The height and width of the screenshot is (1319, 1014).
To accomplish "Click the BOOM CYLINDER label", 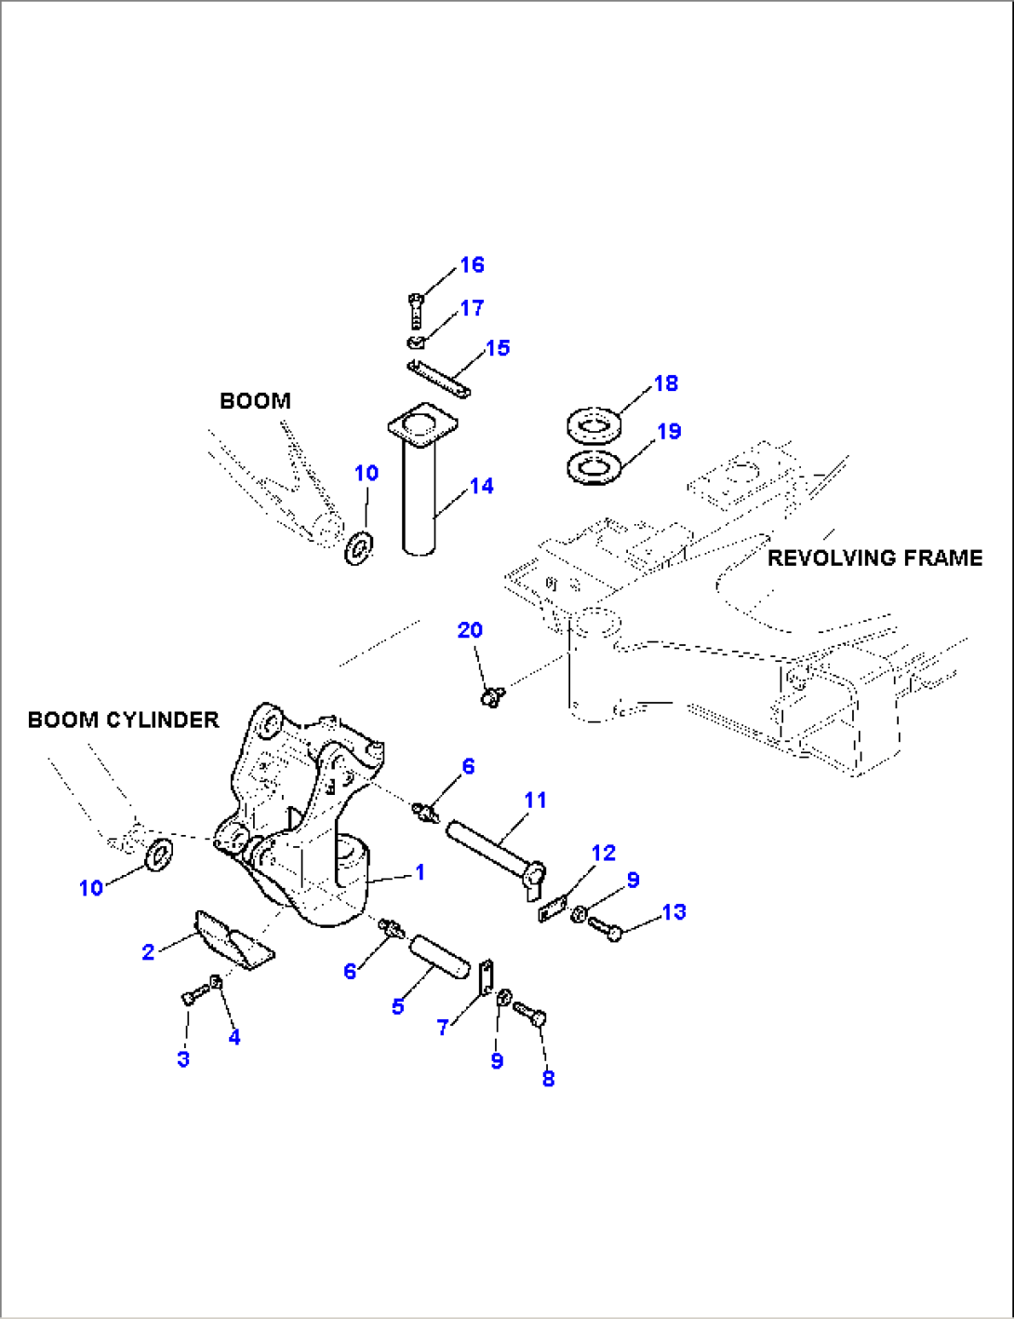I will tap(123, 720).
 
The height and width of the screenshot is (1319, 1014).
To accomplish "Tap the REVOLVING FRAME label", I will tap(874, 558).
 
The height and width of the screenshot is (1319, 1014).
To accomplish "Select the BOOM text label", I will tap(255, 401).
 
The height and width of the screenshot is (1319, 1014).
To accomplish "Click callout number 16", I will tap(473, 265).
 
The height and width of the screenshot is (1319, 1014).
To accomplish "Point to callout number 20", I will tap(470, 630).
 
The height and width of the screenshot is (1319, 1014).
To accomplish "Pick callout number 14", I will tap(481, 486).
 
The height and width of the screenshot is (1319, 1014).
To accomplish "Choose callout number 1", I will tap(420, 872).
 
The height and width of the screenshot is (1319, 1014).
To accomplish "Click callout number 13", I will tap(674, 912).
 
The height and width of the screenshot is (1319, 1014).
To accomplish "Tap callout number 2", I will tap(148, 952).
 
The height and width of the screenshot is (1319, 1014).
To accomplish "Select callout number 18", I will tap(666, 384).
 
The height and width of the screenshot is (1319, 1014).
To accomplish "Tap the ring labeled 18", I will tap(595, 426).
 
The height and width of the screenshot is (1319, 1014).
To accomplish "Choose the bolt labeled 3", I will tap(190, 997).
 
